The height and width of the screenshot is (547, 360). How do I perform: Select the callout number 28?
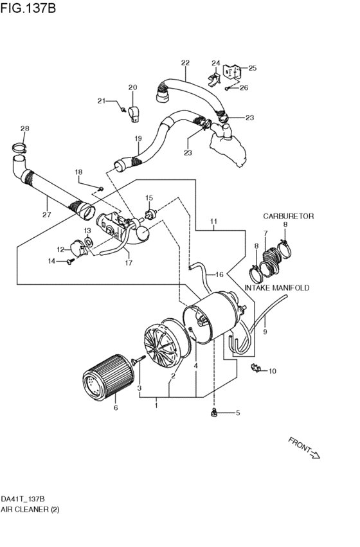click(x=24, y=129)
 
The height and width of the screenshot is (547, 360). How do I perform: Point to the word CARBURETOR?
click(x=288, y=217)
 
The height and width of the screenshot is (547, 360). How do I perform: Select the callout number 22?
click(x=185, y=63)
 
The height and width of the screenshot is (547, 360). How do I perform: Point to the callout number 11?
click(x=213, y=224)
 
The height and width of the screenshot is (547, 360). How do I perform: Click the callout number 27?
click(x=46, y=215)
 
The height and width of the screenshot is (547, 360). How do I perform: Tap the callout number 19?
click(x=138, y=138)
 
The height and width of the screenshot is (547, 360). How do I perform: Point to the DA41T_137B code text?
click(x=22, y=499)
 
